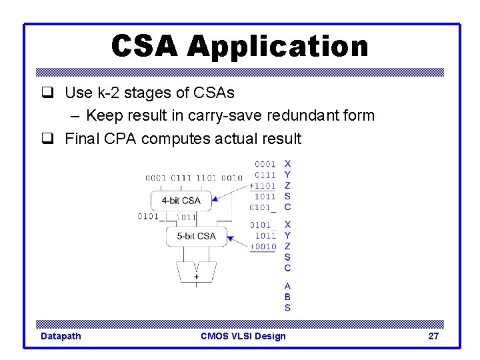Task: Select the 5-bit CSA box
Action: click(x=196, y=236)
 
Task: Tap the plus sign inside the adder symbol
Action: click(x=196, y=276)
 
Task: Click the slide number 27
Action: click(x=433, y=336)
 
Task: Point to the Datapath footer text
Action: click(x=61, y=336)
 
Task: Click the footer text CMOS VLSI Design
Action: click(x=243, y=336)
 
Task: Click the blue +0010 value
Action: click(x=263, y=247)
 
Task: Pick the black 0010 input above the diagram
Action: click(x=232, y=178)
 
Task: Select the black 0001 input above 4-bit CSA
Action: click(x=157, y=178)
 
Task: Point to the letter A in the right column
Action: click(x=287, y=287)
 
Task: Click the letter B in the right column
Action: click(x=287, y=297)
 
